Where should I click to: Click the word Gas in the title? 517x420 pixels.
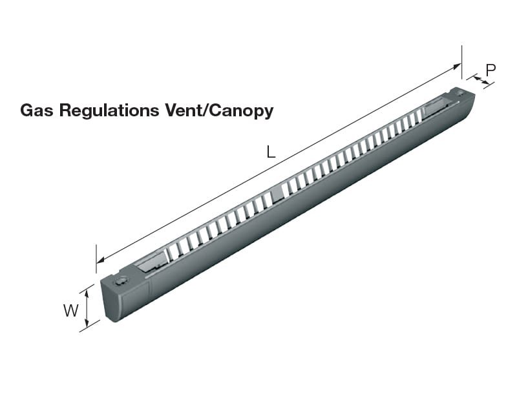37,110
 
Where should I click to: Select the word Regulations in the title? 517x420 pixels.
108,111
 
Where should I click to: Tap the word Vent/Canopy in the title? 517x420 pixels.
218,111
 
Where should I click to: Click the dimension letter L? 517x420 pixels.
271,152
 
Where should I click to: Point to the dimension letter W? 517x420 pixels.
71,311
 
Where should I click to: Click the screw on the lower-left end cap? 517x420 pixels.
121,281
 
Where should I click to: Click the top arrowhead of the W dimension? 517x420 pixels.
87,289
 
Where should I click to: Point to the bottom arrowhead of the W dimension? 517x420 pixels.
87,322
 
